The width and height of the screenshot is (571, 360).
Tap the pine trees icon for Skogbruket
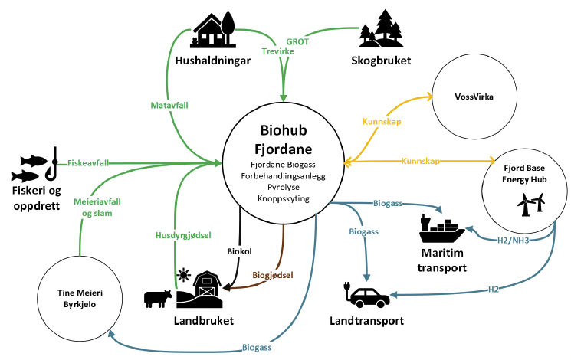(x=381, y=29)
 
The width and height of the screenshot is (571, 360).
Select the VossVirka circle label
(x=474, y=97)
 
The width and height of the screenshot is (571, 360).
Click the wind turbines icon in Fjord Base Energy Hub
(x=531, y=205)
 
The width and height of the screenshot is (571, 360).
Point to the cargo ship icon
(x=441, y=228)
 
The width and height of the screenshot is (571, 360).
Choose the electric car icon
(x=366, y=294)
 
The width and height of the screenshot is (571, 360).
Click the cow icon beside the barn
(x=158, y=299)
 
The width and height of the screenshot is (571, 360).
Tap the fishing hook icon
(x=51, y=164)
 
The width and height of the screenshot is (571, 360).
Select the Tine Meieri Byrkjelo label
(x=80, y=299)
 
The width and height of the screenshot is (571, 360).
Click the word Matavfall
(x=169, y=106)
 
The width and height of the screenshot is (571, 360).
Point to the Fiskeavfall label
(x=88, y=163)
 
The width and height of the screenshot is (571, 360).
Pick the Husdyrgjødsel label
(x=183, y=235)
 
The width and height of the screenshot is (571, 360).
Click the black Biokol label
(x=239, y=251)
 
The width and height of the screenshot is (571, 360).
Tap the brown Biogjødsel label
(x=273, y=275)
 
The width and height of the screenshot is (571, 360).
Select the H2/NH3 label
(x=513, y=241)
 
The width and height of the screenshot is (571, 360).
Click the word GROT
(x=297, y=42)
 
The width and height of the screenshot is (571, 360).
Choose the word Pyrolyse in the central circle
(x=284, y=188)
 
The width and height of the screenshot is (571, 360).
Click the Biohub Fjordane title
(x=284, y=139)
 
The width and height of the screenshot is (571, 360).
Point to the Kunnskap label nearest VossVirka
(x=382, y=122)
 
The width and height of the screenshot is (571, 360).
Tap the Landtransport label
(x=366, y=321)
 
